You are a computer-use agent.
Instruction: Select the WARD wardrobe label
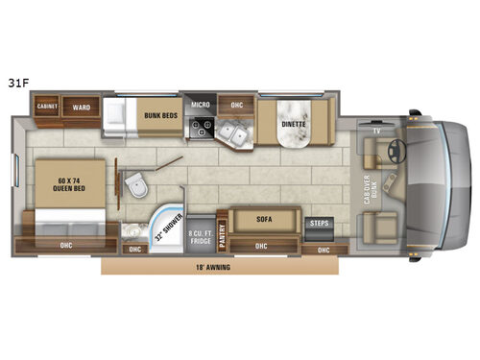click(x=82, y=108)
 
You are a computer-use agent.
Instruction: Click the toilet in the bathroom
click(x=135, y=181)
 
